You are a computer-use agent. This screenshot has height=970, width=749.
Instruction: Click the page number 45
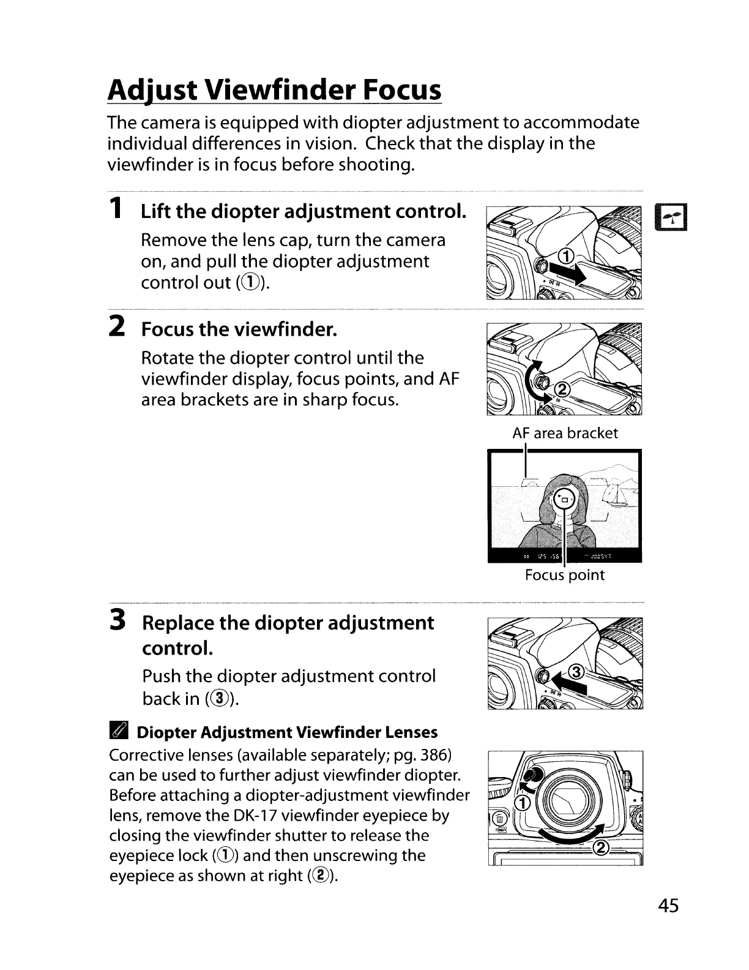click(x=669, y=905)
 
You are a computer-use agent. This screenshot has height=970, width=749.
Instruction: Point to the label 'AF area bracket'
click(x=565, y=434)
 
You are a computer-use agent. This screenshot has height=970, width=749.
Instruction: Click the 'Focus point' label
click(x=564, y=575)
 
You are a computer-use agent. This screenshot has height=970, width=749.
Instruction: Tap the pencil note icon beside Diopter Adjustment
click(x=118, y=732)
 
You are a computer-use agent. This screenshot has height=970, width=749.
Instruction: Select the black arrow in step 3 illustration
click(x=570, y=685)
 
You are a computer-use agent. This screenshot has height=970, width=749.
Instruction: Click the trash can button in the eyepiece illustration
click(x=499, y=818)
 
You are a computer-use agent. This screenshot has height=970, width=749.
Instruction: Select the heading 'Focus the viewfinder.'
click(x=239, y=329)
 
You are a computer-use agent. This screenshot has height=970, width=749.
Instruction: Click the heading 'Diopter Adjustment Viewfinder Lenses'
click(x=287, y=732)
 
